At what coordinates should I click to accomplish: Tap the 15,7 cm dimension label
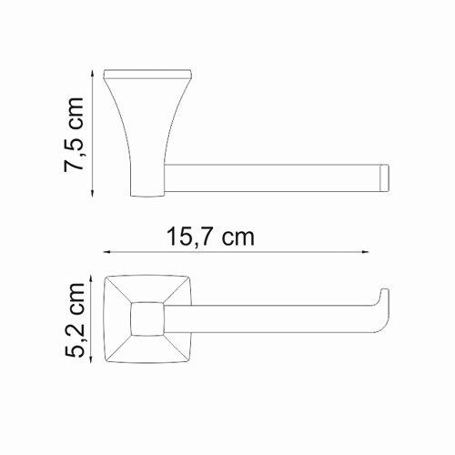click(209, 238)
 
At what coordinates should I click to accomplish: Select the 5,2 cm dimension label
click(76, 319)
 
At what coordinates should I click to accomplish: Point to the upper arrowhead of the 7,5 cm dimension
click(96, 72)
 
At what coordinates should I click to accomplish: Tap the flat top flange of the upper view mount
click(149, 72)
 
